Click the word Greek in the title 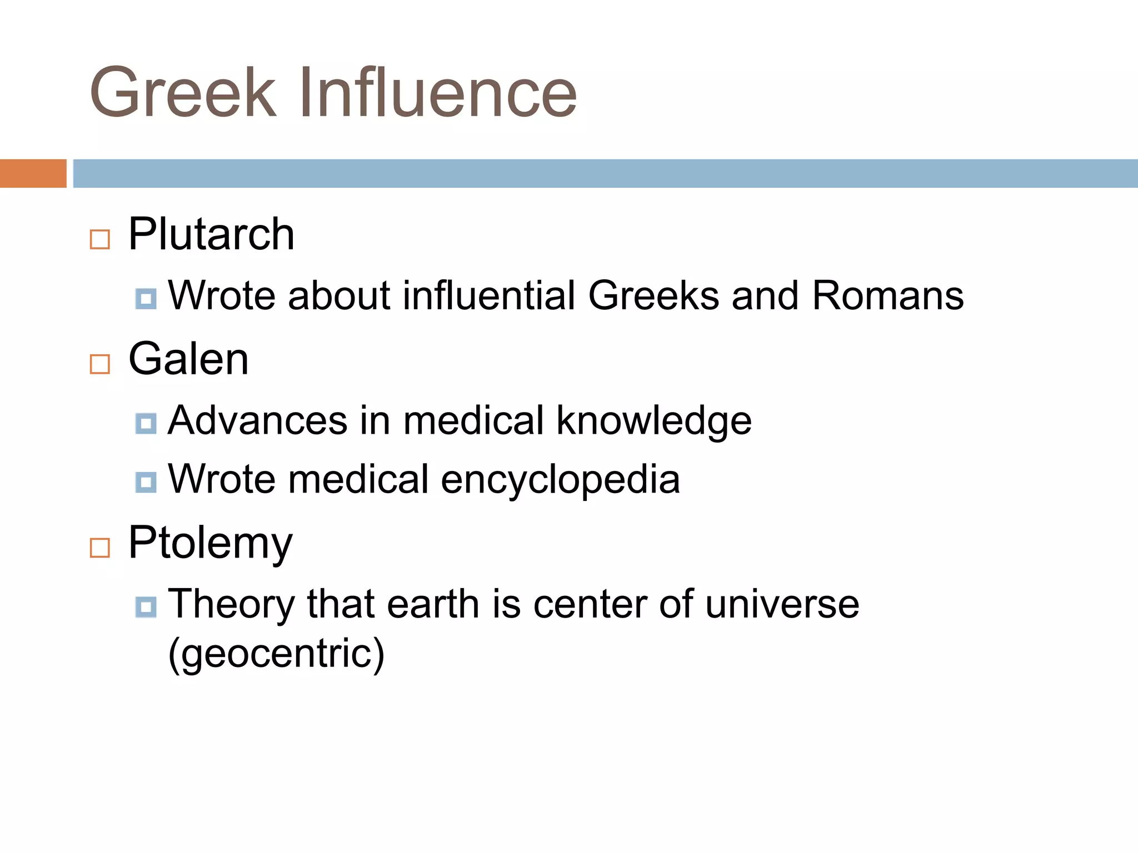(x=183, y=93)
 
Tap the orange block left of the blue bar (x=33, y=173)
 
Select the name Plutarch (x=211, y=234)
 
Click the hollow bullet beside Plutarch (x=100, y=240)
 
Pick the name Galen (x=188, y=359)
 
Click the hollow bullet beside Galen (x=100, y=364)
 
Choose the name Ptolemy (x=210, y=543)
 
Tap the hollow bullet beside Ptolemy (x=100, y=548)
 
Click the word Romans (x=887, y=295)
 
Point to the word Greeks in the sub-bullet (x=653, y=295)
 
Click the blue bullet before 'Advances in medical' (x=146, y=424)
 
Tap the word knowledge (x=654, y=421)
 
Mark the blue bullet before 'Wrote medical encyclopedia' (x=146, y=482)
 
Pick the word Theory (x=231, y=605)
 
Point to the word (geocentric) (x=276, y=654)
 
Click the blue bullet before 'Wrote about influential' (x=146, y=299)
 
